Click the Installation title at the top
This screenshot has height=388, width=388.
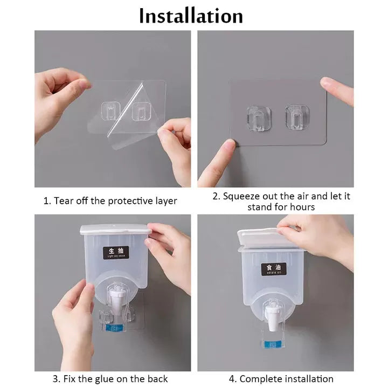[191, 16]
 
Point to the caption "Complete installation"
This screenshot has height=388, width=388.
[286, 379]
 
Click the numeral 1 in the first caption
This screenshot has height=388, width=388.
[46, 200]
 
